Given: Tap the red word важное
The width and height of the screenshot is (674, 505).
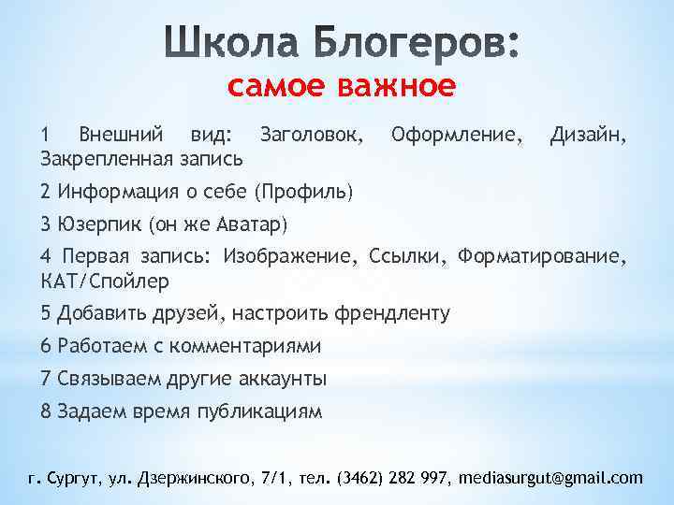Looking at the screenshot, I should (399, 86).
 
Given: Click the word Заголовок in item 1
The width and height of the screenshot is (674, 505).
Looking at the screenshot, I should (311, 134).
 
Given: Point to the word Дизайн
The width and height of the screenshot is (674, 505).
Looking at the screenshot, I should (588, 134).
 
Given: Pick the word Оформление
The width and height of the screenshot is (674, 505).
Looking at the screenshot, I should (457, 134).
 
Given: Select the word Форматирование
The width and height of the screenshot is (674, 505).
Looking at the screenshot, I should (546, 257).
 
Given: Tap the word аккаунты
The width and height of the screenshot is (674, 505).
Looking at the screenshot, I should (282, 379).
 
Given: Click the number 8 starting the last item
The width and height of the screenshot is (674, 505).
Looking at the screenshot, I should (46, 411).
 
